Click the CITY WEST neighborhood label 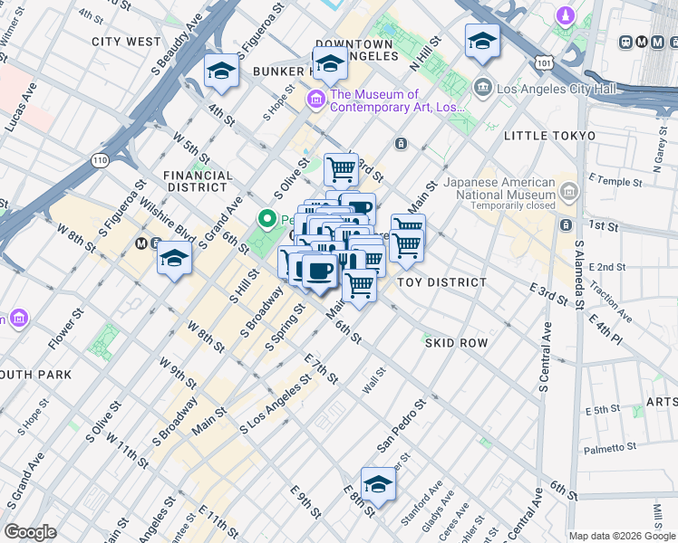coord(126,42)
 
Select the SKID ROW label coord(455,343)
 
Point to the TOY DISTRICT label coord(441,282)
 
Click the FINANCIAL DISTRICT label coord(198,182)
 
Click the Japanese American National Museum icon coord(568,190)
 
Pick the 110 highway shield coord(99,160)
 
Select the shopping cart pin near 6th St coord(360,285)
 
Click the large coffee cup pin coord(318,271)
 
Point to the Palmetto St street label coord(610,448)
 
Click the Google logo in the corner coord(30,532)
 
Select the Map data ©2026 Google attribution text coord(621,536)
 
